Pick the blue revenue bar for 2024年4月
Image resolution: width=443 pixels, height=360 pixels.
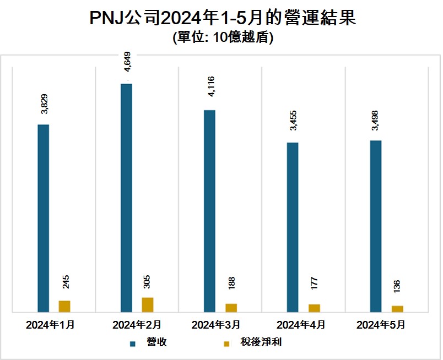click(x=293, y=227)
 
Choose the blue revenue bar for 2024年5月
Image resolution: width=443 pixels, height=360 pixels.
click(x=376, y=226)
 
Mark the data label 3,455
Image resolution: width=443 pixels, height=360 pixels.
click(x=293, y=121)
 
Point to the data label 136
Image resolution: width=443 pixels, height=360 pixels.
click(x=397, y=286)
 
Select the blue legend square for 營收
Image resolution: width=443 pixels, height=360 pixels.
click(x=133, y=343)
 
